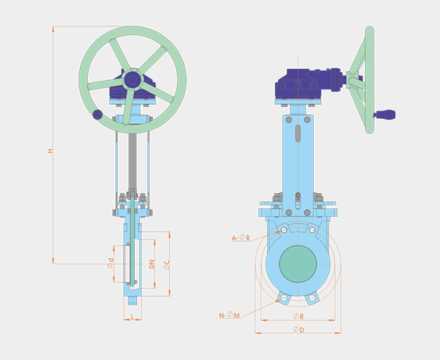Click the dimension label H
[x=51, y=151]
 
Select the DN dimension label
[x=152, y=264]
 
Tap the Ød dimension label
[x=111, y=263]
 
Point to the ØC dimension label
[x=166, y=265]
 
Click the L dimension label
[x=133, y=317]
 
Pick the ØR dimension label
[x=298, y=317]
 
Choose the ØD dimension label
[x=298, y=329]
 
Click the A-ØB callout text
[x=241, y=238]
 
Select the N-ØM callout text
[x=230, y=315]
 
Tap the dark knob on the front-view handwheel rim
[x=98, y=114]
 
